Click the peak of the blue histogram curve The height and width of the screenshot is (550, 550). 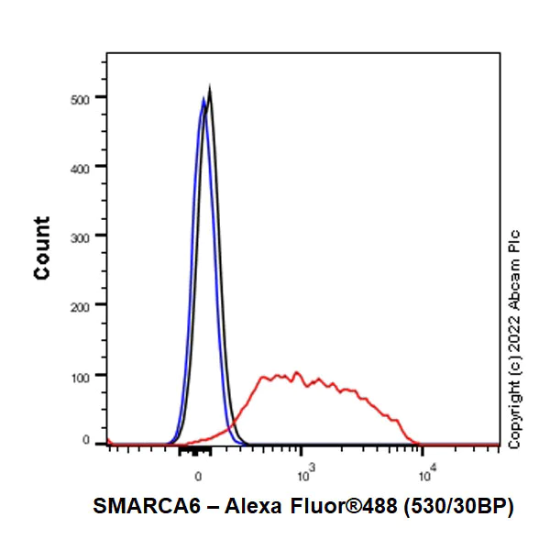203,99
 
